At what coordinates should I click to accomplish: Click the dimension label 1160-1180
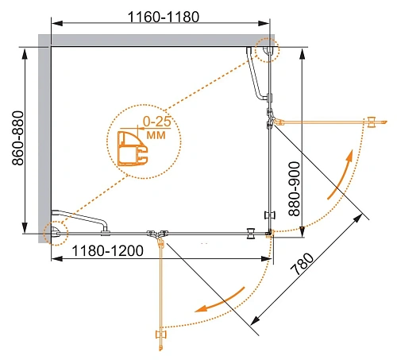click(x=164, y=17)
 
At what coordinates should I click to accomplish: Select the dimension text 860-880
click(x=18, y=138)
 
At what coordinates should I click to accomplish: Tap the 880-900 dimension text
click(x=295, y=189)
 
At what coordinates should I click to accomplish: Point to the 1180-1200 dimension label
click(x=107, y=250)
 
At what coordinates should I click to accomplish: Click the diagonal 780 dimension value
click(x=302, y=264)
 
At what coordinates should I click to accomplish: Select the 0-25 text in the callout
click(x=157, y=122)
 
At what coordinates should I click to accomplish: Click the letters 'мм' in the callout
click(x=156, y=135)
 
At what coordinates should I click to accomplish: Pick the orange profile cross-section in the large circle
click(x=132, y=149)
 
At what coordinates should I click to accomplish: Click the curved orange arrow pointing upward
click(x=342, y=176)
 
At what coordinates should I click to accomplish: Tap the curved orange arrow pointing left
click(x=220, y=300)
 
